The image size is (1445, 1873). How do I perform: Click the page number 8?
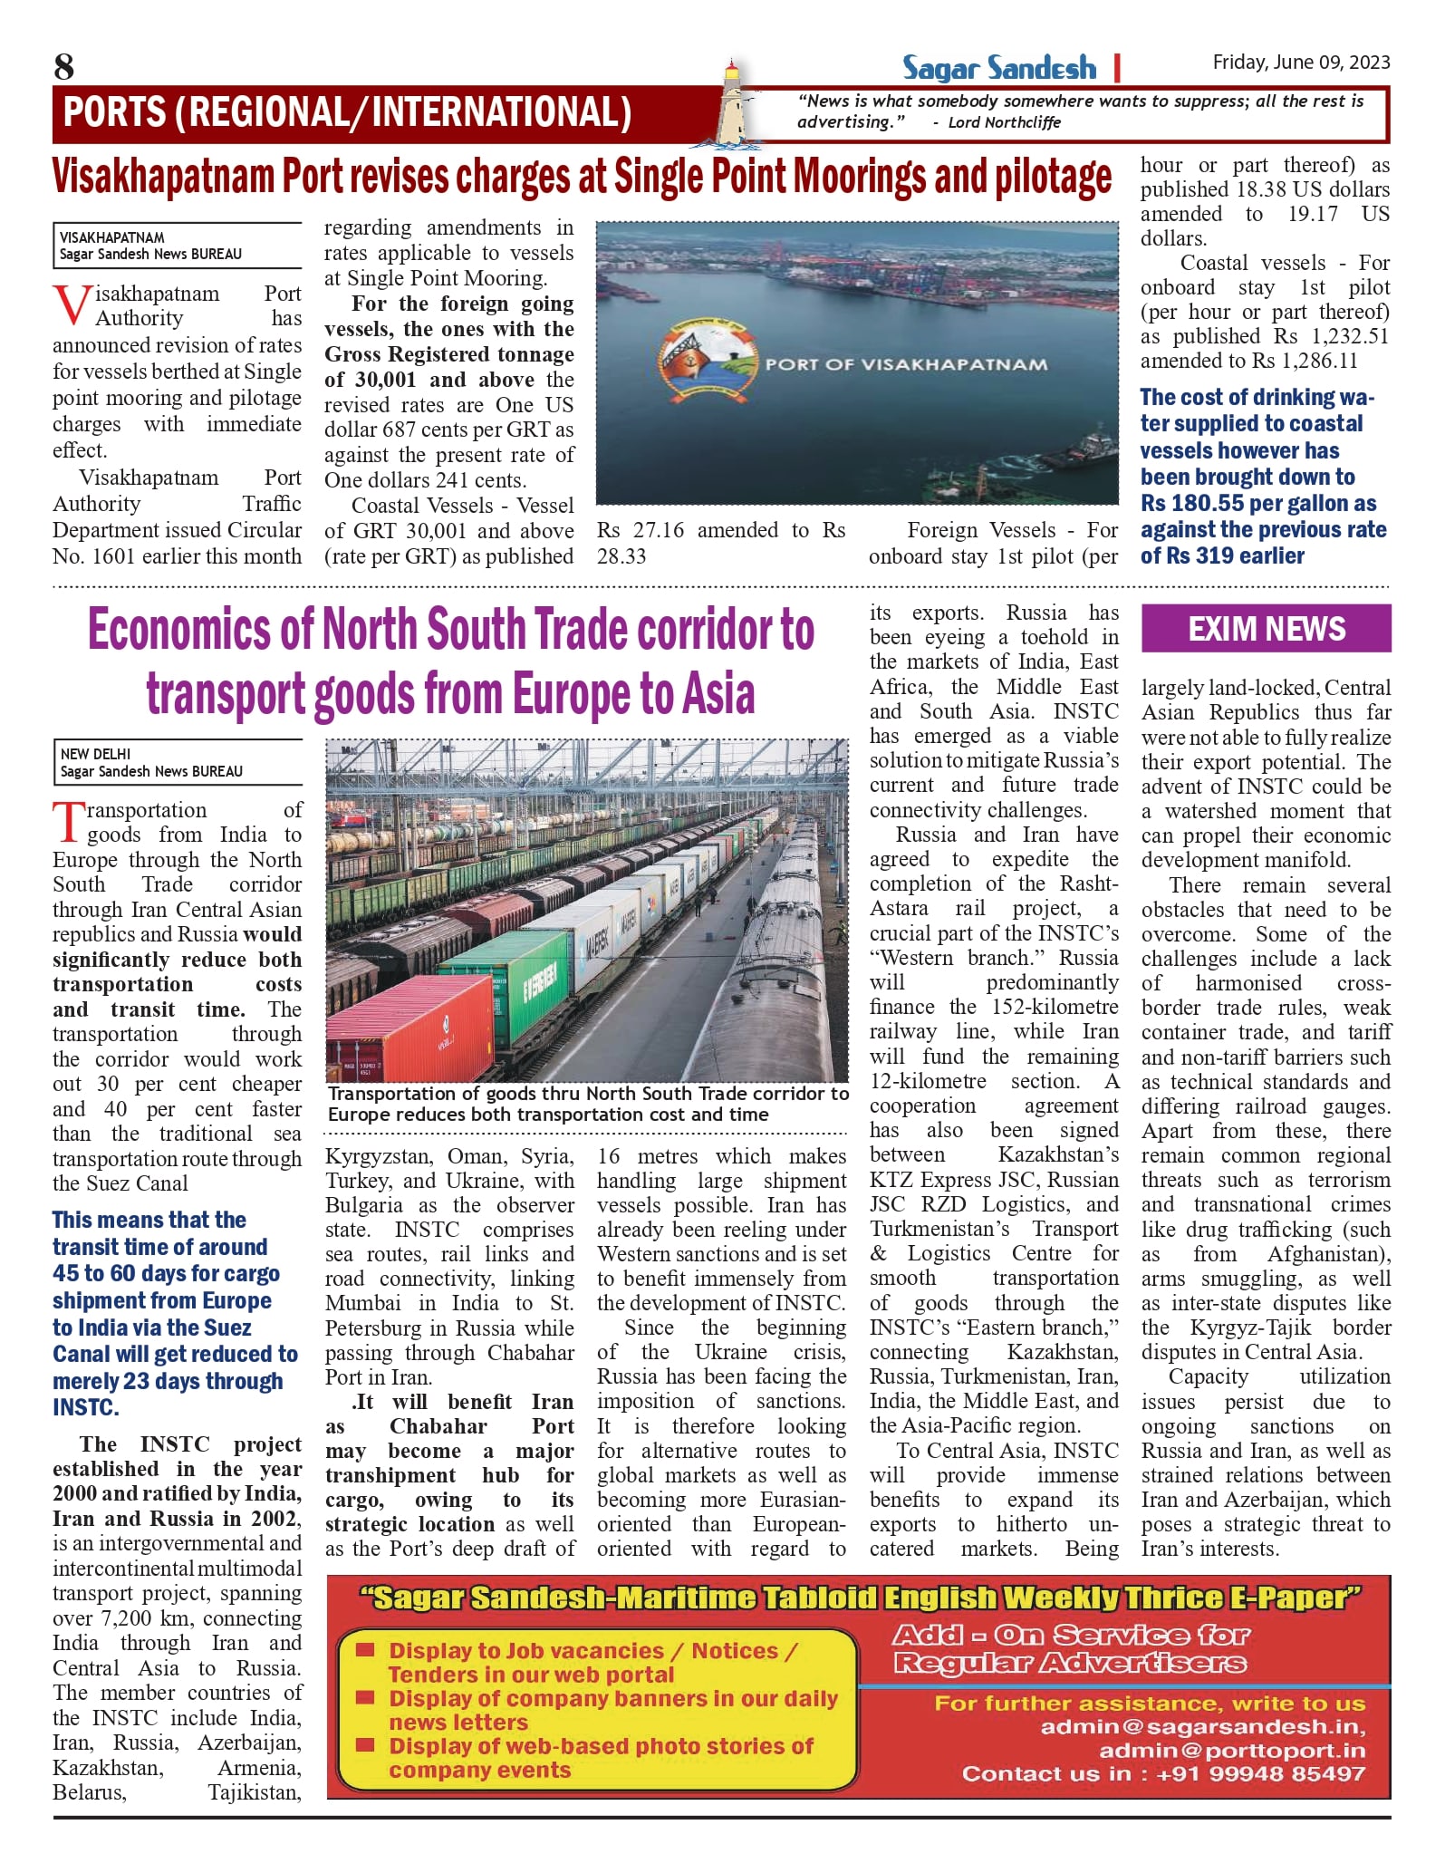(x=63, y=66)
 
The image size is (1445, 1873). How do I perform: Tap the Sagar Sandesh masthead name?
(x=998, y=68)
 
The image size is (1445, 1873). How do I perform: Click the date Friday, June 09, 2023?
(x=1301, y=62)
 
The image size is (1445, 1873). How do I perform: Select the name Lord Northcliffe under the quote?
(x=1004, y=123)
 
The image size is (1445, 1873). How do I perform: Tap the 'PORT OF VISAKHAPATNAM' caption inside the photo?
(x=906, y=364)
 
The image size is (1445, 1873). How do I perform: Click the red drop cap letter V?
(x=71, y=306)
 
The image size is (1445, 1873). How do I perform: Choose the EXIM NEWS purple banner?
(x=1266, y=629)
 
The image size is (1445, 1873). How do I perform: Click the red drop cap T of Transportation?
(x=68, y=821)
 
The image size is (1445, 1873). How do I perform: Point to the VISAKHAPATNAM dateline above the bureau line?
(x=112, y=237)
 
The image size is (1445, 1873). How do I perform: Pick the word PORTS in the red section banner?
(x=115, y=112)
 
